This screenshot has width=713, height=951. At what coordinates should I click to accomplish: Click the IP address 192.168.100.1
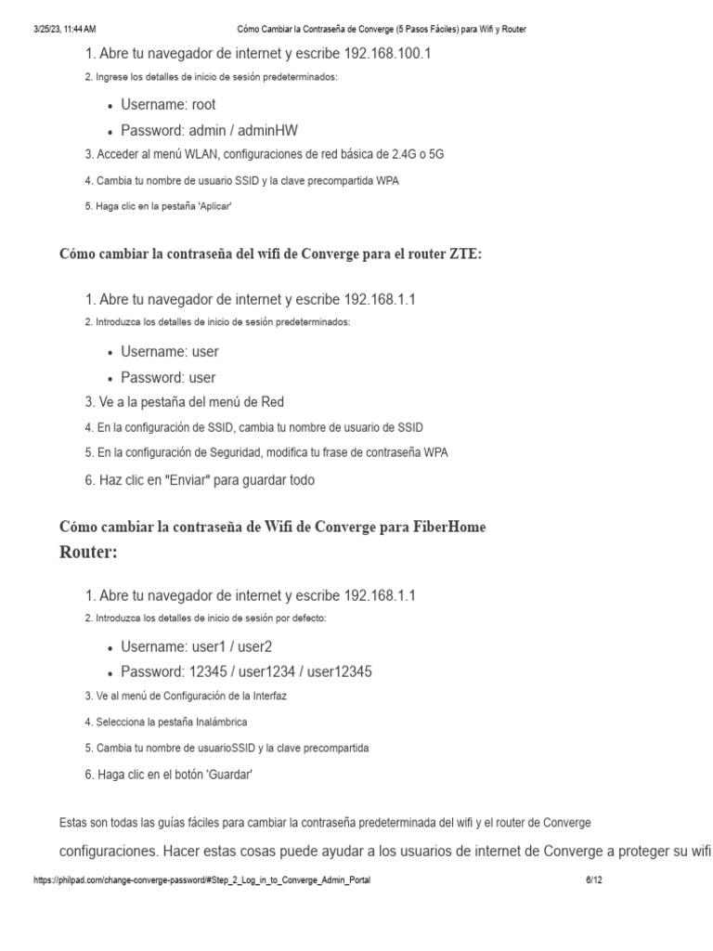[387, 54]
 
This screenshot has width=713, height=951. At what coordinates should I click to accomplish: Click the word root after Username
[204, 105]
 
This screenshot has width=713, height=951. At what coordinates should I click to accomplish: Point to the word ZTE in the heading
[466, 254]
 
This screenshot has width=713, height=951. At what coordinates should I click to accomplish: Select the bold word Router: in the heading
[88, 552]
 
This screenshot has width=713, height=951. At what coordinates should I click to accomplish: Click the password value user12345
[339, 671]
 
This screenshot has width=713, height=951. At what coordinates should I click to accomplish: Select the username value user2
[253, 646]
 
